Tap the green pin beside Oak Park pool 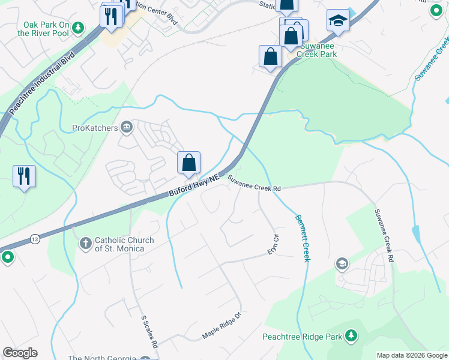coord(92,29)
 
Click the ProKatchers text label coord(95,127)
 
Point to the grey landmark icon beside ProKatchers coord(127,127)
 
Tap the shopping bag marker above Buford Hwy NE coord(188,163)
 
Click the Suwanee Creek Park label coord(311,50)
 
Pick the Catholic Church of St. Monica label coord(119,244)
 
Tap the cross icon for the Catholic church coord(85,244)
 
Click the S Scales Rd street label coord(149,332)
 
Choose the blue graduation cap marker coord(338,20)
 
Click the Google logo coord(20,353)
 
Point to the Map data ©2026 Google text coord(412,355)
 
